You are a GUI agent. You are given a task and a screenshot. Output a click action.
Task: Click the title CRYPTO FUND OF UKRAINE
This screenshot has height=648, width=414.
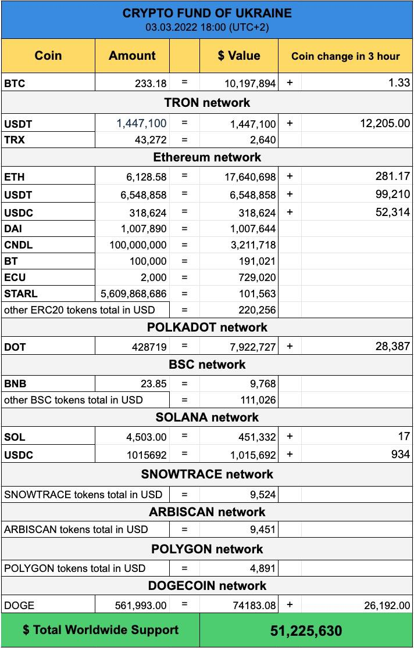207,13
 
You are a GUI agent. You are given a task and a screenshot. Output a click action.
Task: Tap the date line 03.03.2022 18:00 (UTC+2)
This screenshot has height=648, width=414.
207,27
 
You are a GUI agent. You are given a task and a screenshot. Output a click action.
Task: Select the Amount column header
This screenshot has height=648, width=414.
132,56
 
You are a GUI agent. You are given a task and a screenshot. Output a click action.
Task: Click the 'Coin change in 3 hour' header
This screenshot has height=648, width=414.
345,56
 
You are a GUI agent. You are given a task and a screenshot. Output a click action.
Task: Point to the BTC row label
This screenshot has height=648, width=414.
15,83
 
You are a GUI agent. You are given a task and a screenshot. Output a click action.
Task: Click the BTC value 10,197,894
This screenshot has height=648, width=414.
250,83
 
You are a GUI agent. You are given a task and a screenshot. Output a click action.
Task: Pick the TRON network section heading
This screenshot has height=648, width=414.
207,103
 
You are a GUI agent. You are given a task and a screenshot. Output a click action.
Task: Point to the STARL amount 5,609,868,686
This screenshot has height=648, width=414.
134,294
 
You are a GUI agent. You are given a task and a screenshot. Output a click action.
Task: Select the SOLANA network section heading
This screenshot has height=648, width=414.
207,417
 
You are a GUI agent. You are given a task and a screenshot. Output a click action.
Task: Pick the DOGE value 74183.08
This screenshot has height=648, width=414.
253,605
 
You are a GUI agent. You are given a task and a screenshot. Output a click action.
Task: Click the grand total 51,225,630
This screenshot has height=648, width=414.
306,631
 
